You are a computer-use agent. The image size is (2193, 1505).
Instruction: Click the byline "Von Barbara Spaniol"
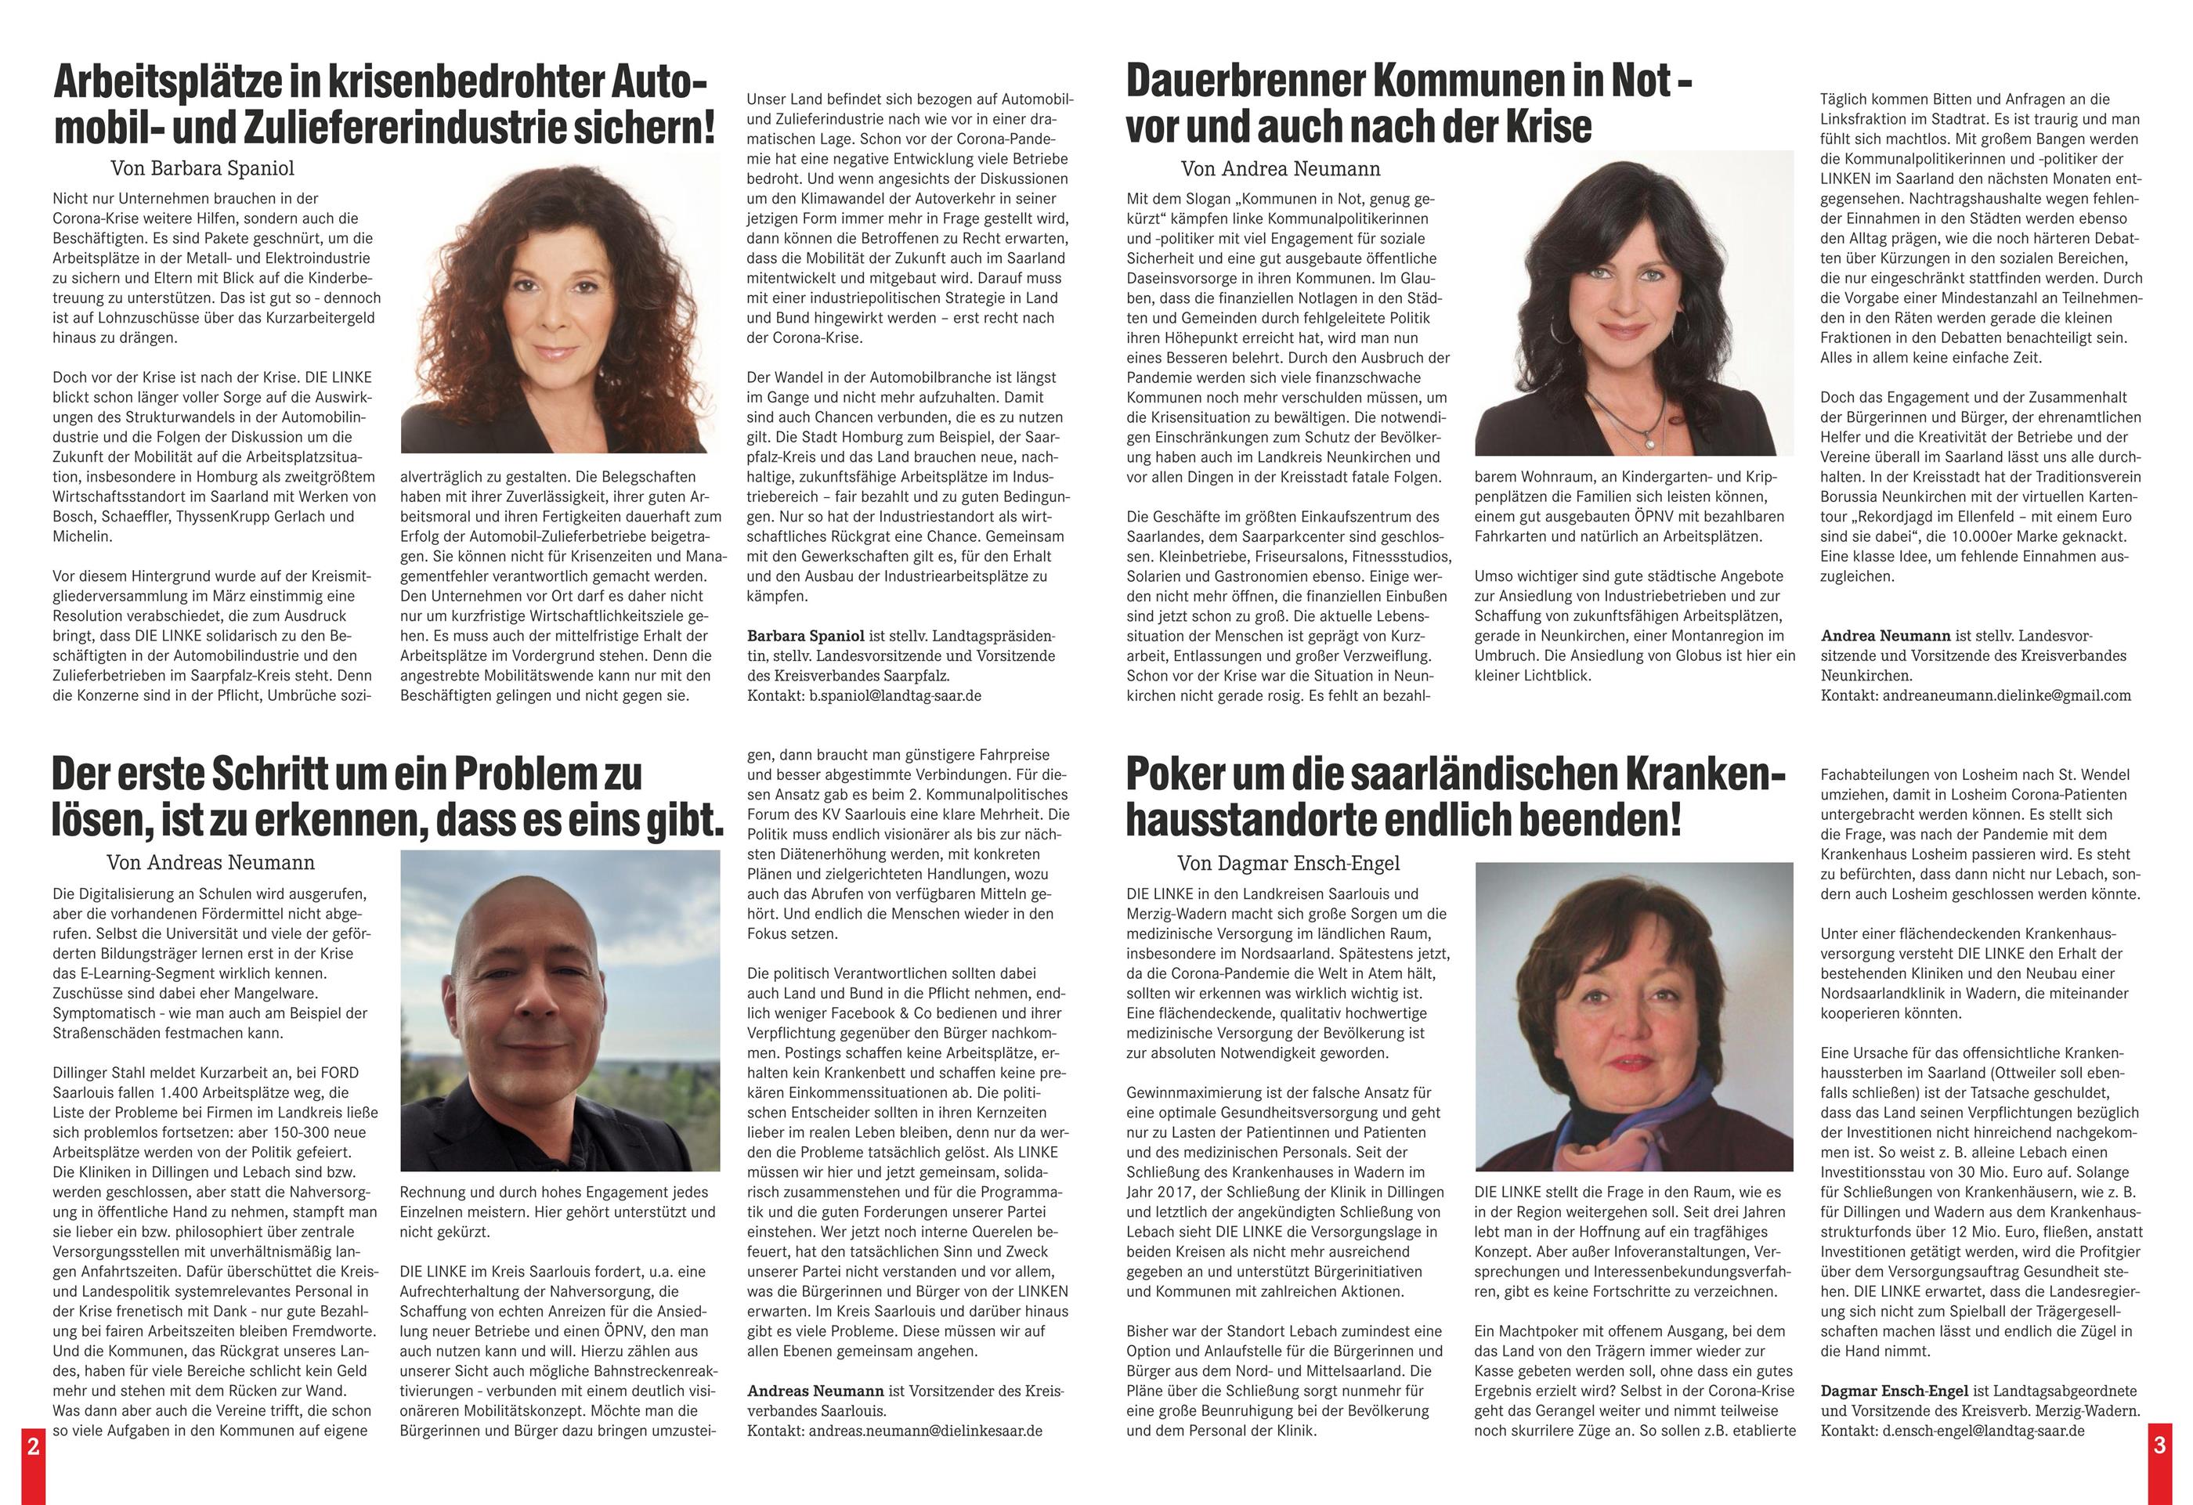pos(202,169)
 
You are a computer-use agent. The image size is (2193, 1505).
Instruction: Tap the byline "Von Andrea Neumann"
pos(1280,169)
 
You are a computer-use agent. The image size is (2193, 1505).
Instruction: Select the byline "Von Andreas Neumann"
pos(211,862)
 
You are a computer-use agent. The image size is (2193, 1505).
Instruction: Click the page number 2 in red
pos(33,1445)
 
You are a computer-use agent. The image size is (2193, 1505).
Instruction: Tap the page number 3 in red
pos(2159,1445)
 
